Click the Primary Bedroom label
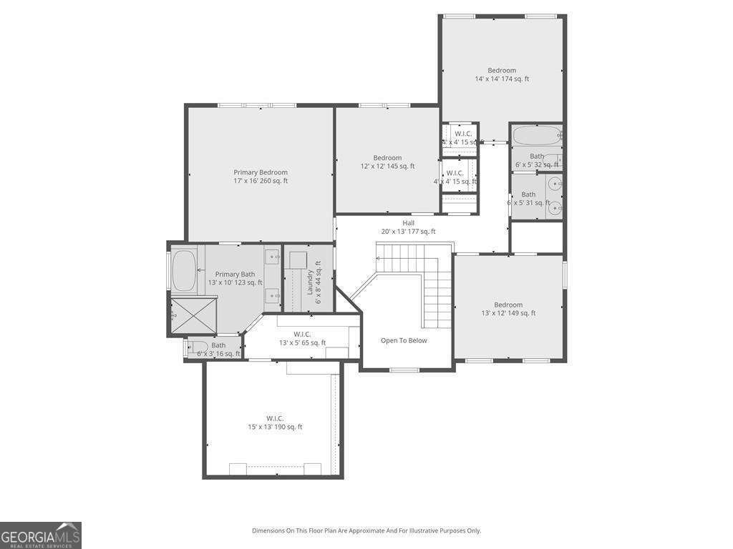[261, 177]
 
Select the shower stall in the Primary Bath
[193, 317]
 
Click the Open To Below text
[404, 340]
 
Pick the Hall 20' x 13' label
[408, 227]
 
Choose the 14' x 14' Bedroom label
[502, 74]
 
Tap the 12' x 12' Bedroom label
[387, 162]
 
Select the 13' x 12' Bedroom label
[508, 309]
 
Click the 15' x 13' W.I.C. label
[275, 422]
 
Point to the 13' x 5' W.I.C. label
[302, 338]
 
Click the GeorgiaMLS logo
[41, 535]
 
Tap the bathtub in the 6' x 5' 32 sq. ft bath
[535, 135]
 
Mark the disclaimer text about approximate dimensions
[366, 530]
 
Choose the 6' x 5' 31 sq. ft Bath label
[528, 199]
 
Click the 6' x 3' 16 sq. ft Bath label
[218, 350]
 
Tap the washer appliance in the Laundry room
[298, 259]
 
